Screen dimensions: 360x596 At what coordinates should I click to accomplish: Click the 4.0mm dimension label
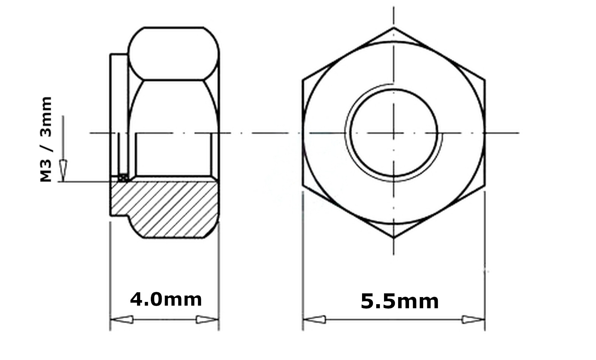(166, 299)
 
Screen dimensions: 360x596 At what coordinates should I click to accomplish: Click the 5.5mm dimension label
(400, 301)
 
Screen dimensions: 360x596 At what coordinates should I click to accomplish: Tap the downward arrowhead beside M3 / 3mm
(63, 170)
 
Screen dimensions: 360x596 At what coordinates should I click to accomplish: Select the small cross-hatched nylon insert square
(123, 178)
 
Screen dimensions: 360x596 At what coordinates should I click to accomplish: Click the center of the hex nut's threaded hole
(394, 133)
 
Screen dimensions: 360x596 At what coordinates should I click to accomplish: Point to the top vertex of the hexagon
(394, 28)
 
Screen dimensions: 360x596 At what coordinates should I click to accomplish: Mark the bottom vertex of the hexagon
(394, 238)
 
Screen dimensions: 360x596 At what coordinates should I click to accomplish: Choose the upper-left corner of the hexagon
(303, 80)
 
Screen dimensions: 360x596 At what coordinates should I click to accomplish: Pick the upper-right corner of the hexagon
(485, 80)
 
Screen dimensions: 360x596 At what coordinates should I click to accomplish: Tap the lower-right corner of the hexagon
(485, 185)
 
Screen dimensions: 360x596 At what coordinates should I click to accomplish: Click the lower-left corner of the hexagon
(303, 185)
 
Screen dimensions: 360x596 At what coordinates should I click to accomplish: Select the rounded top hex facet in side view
(173, 53)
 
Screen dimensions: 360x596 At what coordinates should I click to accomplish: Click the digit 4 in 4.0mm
(137, 299)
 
